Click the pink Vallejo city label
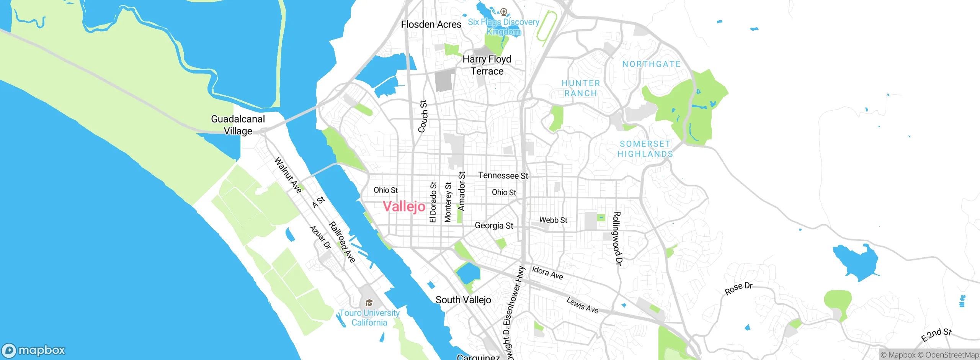404,206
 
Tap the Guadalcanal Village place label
238,125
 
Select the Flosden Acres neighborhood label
431,25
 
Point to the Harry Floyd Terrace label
487,65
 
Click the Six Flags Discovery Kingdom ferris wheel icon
504,12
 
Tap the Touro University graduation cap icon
369,303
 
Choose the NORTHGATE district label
652,64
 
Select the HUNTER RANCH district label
581,88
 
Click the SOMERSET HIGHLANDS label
645,149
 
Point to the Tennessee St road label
503,175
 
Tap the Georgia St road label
494,226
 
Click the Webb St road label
553,220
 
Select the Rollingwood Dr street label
617,238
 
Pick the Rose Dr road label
738,288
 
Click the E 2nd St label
936,335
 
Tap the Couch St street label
423,116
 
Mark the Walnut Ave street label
288,175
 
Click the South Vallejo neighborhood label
463,300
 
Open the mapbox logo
34,350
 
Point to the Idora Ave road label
547,273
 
